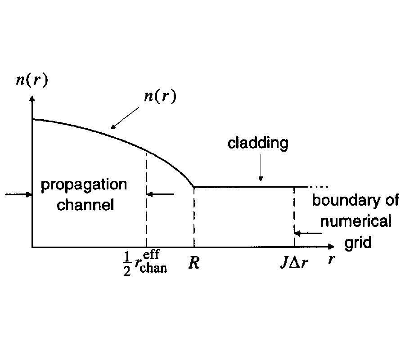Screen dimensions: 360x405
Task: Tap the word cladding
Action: click(x=257, y=144)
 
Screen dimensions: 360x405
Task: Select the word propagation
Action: click(x=84, y=185)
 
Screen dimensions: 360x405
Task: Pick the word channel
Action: click(x=85, y=205)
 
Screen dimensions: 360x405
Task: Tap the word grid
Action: click(x=358, y=243)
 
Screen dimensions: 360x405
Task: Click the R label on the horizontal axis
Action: click(x=194, y=263)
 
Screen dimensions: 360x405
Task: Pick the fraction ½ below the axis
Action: click(x=127, y=265)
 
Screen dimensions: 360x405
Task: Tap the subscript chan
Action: click(x=153, y=269)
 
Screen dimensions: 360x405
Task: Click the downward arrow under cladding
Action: click(x=260, y=173)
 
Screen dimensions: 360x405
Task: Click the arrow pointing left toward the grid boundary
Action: click(x=308, y=233)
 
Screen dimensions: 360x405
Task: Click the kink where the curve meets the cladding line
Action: click(x=193, y=186)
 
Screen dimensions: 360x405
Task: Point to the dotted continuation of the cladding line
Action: click(x=321, y=186)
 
